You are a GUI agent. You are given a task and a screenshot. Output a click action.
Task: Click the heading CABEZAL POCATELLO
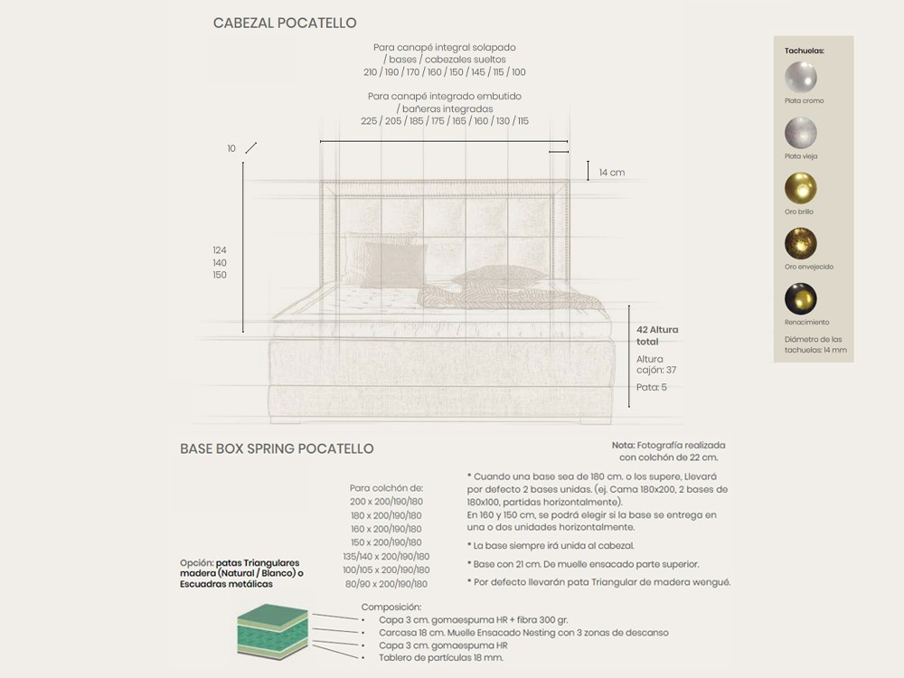pyautogui.click(x=285, y=24)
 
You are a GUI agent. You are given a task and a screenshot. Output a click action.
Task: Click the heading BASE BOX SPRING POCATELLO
pyautogui.click(x=277, y=449)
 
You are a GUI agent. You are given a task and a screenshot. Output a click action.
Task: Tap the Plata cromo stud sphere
pyautogui.click(x=801, y=77)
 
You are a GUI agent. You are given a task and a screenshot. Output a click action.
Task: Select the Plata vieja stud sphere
pyautogui.click(x=801, y=133)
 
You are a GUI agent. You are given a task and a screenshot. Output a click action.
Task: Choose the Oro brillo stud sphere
pyautogui.click(x=801, y=188)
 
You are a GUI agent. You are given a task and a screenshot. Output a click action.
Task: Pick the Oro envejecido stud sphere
pyautogui.click(x=801, y=243)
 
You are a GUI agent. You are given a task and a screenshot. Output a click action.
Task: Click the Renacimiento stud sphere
pyautogui.click(x=801, y=298)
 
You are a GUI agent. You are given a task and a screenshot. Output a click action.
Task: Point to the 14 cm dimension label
pyautogui.click(x=612, y=173)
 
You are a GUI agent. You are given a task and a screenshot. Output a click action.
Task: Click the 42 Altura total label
pyautogui.click(x=657, y=335)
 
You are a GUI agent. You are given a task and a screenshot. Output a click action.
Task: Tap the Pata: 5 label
pyautogui.click(x=651, y=387)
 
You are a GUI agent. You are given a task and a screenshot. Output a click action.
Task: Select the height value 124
pyautogui.click(x=220, y=250)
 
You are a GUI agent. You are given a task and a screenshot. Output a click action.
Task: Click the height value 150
pyautogui.click(x=220, y=275)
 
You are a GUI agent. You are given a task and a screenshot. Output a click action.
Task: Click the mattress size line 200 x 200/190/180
pyautogui.click(x=386, y=501)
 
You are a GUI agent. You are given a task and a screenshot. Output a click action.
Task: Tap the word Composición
pyautogui.click(x=391, y=607)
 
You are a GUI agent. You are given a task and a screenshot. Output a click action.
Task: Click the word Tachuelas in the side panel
pyautogui.click(x=805, y=52)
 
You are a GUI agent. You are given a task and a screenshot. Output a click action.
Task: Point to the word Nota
pyautogui.click(x=623, y=446)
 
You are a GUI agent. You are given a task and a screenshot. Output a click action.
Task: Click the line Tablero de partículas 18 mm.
pyautogui.click(x=440, y=658)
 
